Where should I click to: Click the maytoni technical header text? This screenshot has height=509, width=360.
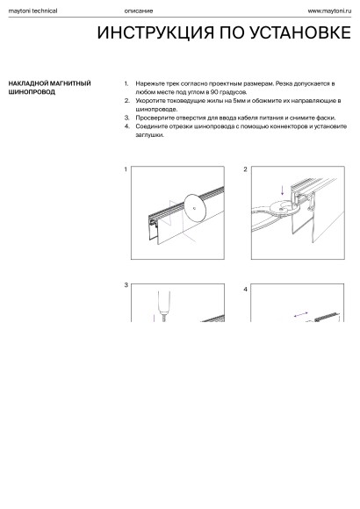(32, 11)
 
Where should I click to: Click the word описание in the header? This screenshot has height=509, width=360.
(139, 11)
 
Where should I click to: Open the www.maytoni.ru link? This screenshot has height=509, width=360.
(329, 11)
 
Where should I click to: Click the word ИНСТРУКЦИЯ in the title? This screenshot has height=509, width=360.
(155, 32)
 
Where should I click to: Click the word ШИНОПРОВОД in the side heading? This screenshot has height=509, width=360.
(32, 92)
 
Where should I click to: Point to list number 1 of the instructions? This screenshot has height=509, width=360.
(126, 83)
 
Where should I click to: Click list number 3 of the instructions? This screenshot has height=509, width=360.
(126, 118)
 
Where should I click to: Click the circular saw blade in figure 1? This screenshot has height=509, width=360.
(195, 208)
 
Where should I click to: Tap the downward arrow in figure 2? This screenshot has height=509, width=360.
(283, 190)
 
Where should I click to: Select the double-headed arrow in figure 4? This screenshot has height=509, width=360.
(300, 314)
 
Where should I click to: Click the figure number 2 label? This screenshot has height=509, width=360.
(245, 169)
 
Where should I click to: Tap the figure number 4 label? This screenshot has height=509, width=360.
(245, 290)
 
